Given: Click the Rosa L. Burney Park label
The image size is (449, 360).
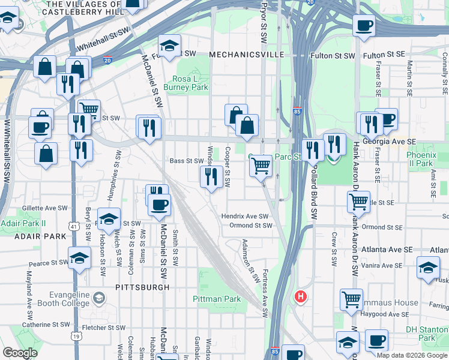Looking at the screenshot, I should click(x=190, y=83).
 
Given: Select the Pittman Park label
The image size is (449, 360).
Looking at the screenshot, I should click(x=217, y=299).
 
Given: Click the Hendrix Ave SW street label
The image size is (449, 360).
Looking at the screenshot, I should click(x=244, y=216).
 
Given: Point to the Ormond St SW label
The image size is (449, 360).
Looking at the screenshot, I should click(x=251, y=226).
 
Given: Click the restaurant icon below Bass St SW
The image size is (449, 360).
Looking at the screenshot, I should click(x=211, y=176).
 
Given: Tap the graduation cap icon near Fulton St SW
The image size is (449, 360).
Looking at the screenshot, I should click(x=170, y=46).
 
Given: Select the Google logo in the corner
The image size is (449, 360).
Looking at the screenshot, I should click(x=20, y=353).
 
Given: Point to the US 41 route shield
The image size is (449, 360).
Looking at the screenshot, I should click(x=73, y=226).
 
